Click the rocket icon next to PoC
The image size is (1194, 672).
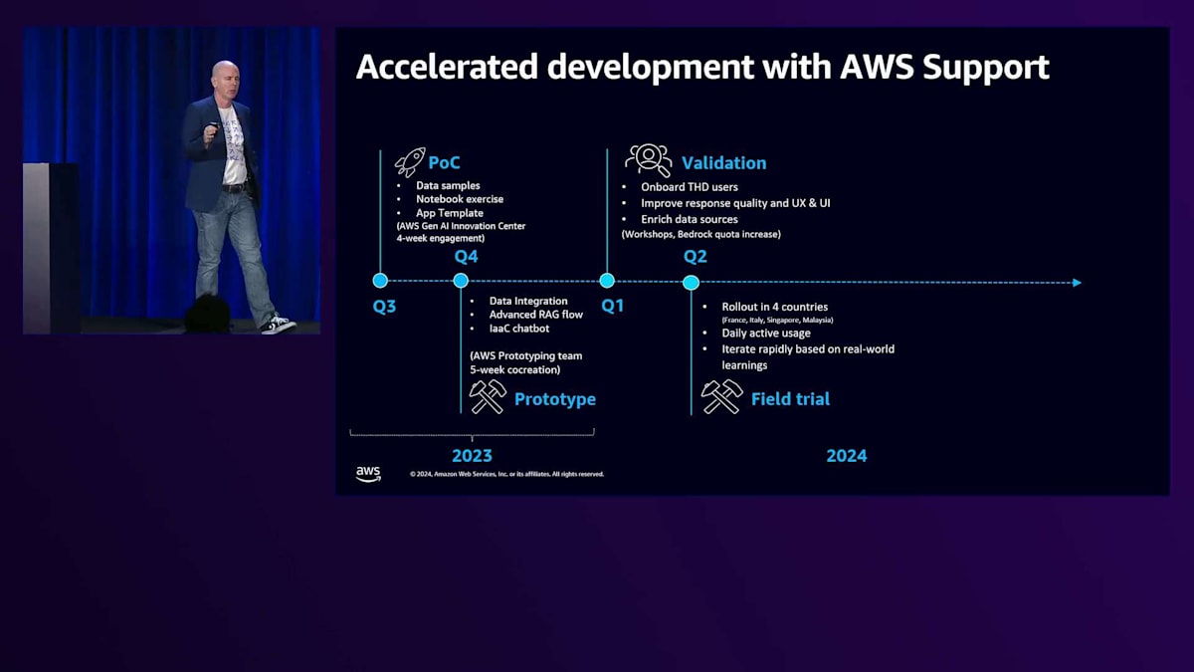coord(409,162)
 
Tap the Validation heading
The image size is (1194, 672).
coord(723,162)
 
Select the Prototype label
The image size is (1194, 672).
coord(554,399)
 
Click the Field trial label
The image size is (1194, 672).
coord(790,399)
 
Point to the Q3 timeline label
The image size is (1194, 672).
coord(384,307)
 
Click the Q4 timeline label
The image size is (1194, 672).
coord(466,257)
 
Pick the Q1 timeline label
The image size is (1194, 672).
coord(612,306)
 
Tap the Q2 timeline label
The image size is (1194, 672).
coord(695,257)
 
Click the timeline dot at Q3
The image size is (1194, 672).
coord(380,281)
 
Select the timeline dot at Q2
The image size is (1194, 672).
coord(691,283)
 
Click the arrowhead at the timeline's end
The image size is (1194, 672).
coord(1076,283)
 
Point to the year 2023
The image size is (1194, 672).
coord(472,456)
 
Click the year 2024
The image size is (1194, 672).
coord(846,456)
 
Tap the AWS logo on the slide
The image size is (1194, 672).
coord(368,473)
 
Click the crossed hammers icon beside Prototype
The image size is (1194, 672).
coord(488,396)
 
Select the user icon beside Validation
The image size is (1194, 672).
coord(648,160)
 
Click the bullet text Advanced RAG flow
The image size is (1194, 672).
coord(535,315)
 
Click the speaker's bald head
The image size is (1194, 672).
coord(225,75)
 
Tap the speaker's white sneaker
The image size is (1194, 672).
coord(279,325)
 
